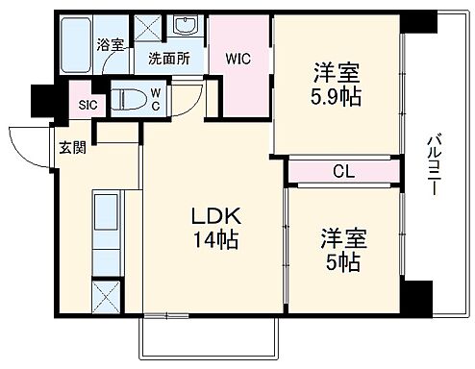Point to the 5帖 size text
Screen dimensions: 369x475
(x=342, y=261)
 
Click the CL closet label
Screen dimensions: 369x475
(x=342, y=174)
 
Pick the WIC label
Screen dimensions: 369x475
(x=238, y=58)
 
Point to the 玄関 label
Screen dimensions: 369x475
(x=70, y=146)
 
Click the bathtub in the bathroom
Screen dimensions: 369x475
(x=74, y=43)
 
